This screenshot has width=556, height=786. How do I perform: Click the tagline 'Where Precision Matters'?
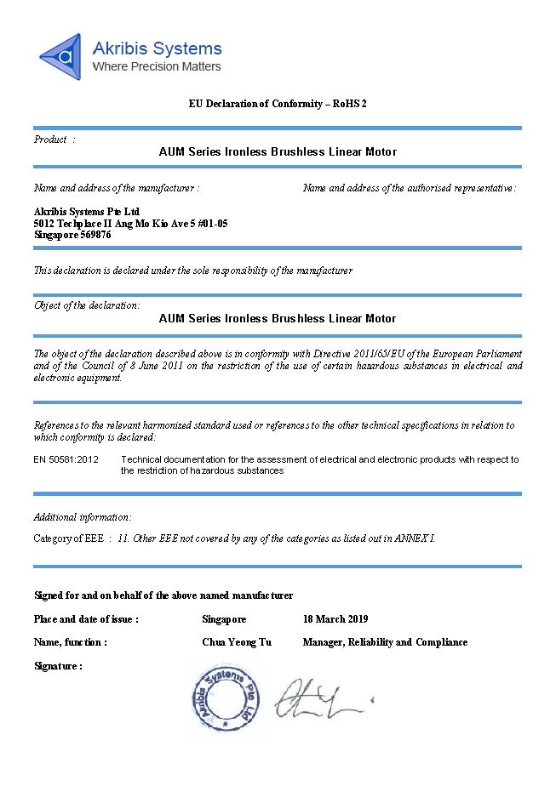point(157,66)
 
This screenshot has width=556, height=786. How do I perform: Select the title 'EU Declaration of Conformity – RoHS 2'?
point(278,104)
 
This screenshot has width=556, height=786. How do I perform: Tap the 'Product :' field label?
point(54,140)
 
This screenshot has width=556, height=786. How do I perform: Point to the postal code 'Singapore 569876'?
point(72,235)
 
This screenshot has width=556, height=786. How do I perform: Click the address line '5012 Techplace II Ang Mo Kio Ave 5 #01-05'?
point(130,223)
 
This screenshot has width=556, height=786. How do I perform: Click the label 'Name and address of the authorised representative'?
point(409,188)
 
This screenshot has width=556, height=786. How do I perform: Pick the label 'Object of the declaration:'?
point(87,305)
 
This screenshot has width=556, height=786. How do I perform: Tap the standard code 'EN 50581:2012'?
point(66,459)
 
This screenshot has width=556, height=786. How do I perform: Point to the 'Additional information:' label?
point(83,517)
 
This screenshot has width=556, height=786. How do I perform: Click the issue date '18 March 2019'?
point(335,619)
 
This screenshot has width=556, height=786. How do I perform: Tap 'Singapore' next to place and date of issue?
point(225,619)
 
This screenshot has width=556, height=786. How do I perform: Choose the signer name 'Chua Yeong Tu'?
point(237,642)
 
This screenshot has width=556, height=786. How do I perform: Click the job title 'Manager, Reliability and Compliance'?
point(385,642)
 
